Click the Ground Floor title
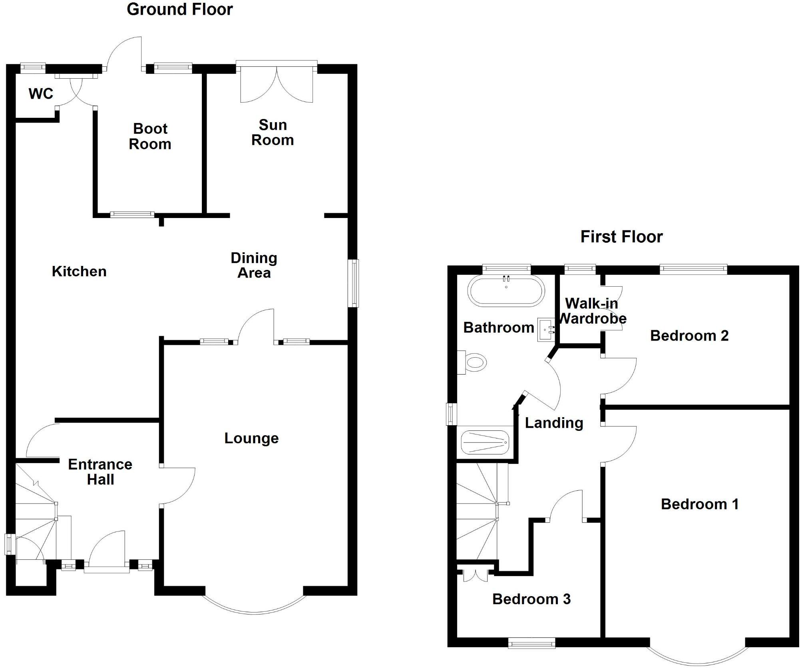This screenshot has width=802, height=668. tap(179, 10)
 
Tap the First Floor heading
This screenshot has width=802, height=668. tap(621, 237)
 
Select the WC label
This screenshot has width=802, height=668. tap(41, 94)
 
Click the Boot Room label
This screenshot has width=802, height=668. tap(150, 136)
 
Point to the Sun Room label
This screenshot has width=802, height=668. tap(273, 133)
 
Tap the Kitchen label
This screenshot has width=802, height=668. tap(79, 272)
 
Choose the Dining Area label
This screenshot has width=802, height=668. tap(254, 265)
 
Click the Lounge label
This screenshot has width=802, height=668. tap(251, 438)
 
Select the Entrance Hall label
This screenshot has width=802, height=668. tap(100, 472)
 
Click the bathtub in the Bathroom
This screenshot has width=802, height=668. tap(506, 291)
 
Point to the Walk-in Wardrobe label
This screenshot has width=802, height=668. tap(592, 311)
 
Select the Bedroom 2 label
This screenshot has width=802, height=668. tap(689, 336)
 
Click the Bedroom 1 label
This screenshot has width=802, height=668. tap(700, 504)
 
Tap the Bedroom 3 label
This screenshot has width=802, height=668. tap(531, 599)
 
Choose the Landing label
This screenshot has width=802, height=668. tap(554, 423)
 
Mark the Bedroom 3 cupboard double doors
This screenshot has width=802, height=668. tap(476, 575)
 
